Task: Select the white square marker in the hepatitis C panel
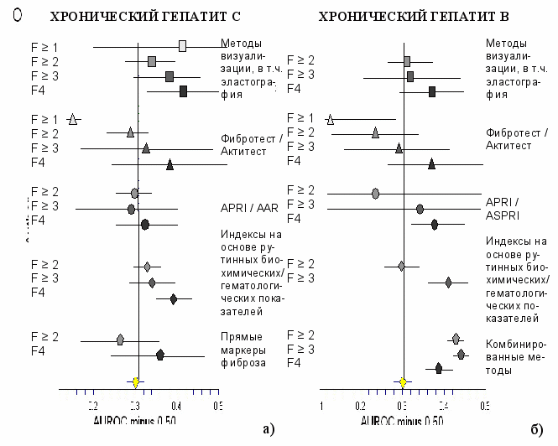(x=183, y=45)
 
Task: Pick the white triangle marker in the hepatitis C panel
(x=73, y=120)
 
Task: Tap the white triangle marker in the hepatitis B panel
(x=330, y=119)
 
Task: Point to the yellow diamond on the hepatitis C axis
(x=136, y=382)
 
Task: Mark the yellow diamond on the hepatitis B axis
(x=403, y=382)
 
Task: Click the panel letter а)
(x=268, y=430)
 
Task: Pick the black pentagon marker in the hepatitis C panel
(x=160, y=355)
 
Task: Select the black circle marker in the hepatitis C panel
(x=145, y=224)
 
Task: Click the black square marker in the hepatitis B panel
(x=432, y=91)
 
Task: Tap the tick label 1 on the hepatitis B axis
(x=321, y=404)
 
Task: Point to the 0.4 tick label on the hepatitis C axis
(x=176, y=405)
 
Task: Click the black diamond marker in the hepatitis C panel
(x=174, y=298)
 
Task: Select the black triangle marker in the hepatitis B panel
(x=431, y=163)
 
